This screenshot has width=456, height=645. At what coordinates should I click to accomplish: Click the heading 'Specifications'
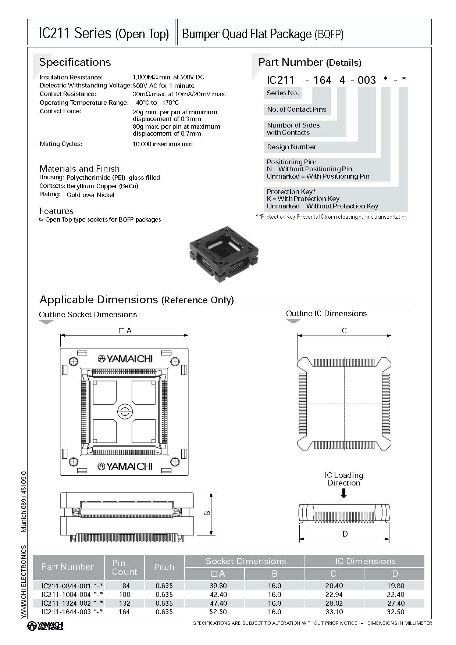pos(75,62)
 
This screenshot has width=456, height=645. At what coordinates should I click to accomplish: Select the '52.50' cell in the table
pos(218,612)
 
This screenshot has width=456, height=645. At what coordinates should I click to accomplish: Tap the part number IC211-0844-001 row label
pos(72,586)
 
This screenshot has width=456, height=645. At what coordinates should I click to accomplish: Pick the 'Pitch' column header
pos(164,567)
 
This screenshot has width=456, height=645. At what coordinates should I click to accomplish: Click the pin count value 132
pos(124,603)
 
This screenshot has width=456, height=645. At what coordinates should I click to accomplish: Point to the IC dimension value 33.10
pos(334,612)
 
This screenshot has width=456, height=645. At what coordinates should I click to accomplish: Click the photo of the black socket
pos(224,256)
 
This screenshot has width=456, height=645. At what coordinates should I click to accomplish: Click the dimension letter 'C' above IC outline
pos(344,331)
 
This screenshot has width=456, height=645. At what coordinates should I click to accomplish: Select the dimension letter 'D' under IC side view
pos(345,534)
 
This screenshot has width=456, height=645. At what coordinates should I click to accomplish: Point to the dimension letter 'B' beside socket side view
pos(207,513)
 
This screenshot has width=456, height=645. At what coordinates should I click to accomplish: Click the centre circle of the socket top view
pos(125,411)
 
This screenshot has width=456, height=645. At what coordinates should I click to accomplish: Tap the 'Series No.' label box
pos(282,93)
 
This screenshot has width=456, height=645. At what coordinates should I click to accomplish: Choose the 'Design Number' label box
pos(292,147)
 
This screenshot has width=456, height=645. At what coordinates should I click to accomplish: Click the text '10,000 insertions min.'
pos(163,144)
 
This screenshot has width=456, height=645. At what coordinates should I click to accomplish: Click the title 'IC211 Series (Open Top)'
pos(103,34)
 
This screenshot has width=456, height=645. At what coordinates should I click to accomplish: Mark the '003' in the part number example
pos(367,80)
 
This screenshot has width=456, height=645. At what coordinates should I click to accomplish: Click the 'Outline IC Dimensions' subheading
pos(326,313)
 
